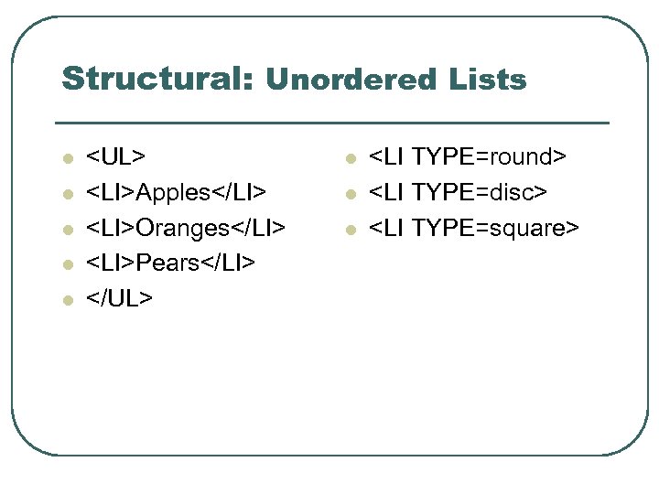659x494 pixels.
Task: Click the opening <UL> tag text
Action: (116, 156)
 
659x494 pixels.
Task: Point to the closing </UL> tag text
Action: (120, 299)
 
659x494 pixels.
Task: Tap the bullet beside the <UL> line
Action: (67, 158)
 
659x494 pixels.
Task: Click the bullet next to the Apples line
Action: (67, 194)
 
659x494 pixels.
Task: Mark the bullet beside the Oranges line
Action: (67, 230)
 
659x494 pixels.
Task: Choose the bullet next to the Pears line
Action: (67, 265)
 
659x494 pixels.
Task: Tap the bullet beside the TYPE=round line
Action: (349, 158)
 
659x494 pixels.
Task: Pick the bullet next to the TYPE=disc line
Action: (349, 194)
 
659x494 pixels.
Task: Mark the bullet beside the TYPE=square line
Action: (349, 230)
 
